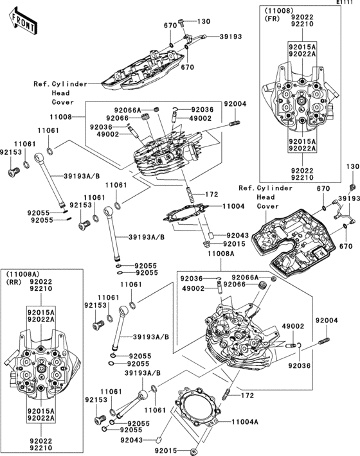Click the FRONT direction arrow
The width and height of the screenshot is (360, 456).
[22, 21]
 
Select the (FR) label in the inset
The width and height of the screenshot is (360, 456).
[272, 19]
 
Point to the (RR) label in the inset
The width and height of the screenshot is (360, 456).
[14, 283]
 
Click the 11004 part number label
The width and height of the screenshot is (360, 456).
[233, 206]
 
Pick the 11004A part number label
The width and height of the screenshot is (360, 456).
[245, 422]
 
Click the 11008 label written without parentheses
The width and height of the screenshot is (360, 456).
[60, 117]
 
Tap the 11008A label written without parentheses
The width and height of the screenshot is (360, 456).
[221, 254]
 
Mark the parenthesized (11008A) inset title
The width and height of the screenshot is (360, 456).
[23, 274]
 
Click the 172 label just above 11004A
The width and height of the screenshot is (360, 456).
[248, 395]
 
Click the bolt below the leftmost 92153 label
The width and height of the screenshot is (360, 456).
[14, 171]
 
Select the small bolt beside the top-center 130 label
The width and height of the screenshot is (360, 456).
[181, 23]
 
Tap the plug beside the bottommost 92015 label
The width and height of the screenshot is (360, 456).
[194, 452]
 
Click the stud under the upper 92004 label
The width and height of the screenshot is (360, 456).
[235, 123]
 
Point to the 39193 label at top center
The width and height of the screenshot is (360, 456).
[231, 37]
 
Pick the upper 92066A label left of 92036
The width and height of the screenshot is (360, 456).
[127, 110]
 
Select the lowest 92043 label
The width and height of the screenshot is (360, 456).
[132, 441]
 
